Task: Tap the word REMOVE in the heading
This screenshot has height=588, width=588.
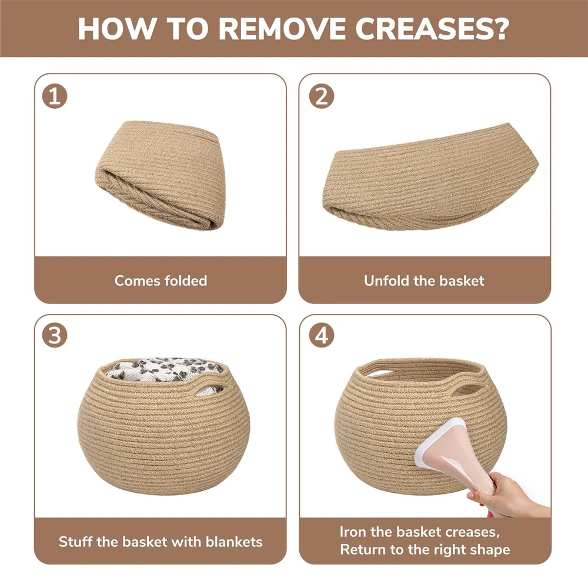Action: coord(282,29)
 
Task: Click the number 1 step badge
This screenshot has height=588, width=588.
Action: coord(55,96)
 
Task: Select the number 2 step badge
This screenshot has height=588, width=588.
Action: coord(322,96)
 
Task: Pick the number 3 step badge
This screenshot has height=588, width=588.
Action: coord(55,335)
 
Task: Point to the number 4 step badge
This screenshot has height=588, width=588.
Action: coord(322,335)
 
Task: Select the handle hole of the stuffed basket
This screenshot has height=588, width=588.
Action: coord(209,390)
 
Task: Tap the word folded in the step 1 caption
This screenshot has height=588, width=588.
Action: coord(186,280)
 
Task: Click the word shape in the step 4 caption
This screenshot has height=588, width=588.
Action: coord(490,550)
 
